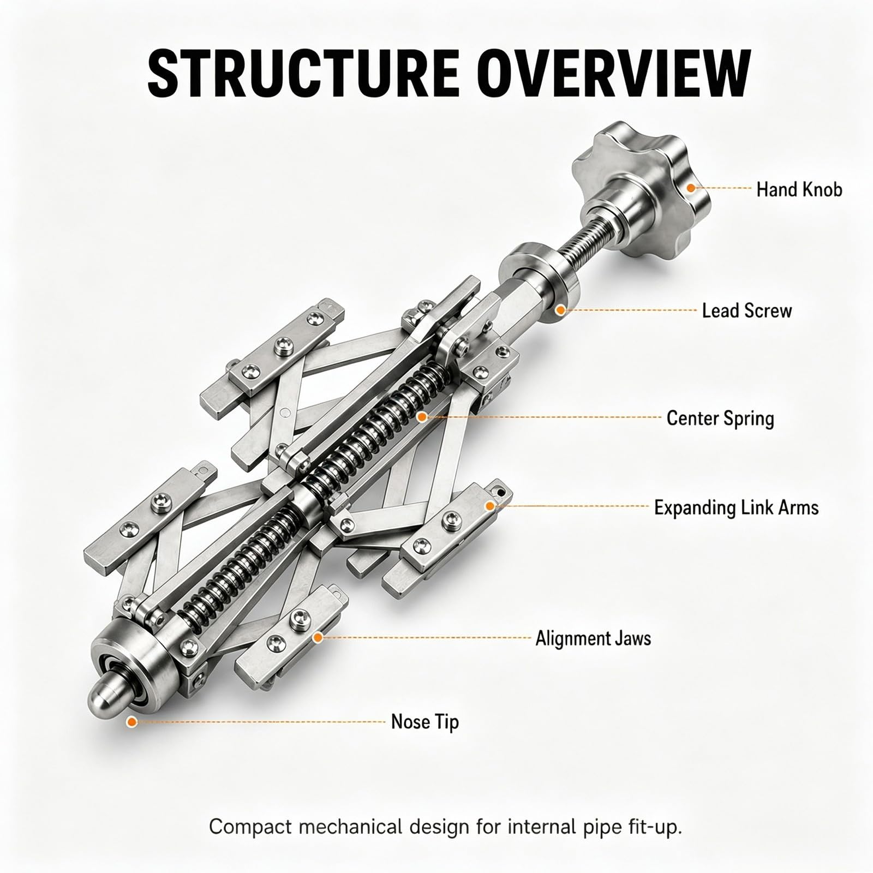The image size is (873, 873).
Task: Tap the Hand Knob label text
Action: pos(799,189)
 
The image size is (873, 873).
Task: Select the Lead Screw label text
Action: pos(746,310)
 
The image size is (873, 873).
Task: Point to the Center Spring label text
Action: pos(720,418)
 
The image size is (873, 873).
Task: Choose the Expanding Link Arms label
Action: pos(737,507)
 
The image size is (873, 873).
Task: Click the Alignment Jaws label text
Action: pos(593,638)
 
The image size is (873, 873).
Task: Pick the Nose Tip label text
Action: pos(425,721)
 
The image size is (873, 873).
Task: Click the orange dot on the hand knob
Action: pos(691,188)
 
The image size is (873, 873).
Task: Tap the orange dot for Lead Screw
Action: pos(560,310)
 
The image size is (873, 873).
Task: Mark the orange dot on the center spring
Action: pos(421,417)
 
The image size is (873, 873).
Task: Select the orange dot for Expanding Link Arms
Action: pos(490,506)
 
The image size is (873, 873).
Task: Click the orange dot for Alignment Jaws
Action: pos(317,637)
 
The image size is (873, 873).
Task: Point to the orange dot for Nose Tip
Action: pos(130,722)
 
